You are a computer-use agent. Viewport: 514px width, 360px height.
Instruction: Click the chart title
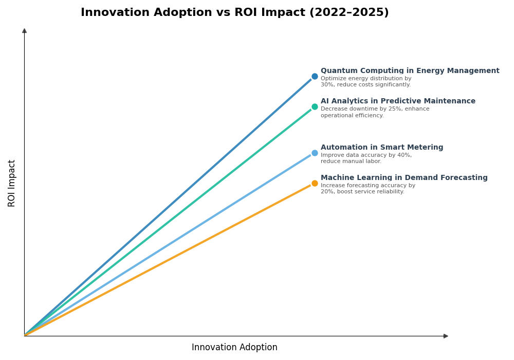[x=234, y=13]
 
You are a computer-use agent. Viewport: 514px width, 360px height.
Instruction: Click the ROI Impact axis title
[x=12, y=183]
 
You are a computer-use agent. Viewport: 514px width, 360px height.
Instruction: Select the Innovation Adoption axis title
[x=234, y=348]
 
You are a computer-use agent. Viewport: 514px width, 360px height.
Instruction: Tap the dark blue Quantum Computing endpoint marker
[x=315, y=77]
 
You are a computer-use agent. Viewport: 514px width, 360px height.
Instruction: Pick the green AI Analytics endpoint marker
[x=315, y=107]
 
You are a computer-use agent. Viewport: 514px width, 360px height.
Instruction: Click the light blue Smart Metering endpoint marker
[x=315, y=153]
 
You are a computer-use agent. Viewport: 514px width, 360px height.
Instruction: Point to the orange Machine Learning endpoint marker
[x=315, y=183]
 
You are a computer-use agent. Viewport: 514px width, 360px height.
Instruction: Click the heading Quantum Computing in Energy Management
[x=410, y=71]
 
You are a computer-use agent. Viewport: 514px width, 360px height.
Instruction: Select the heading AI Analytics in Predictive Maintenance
[x=398, y=101]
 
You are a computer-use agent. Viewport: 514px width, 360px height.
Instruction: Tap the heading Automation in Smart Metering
[x=381, y=148]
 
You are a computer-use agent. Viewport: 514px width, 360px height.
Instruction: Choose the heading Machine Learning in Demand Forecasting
[x=404, y=178]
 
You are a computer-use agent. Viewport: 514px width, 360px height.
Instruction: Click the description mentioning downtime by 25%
[x=375, y=112]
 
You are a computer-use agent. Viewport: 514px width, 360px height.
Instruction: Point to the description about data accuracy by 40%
[x=366, y=158]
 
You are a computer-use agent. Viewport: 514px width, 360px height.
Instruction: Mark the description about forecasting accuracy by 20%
[x=368, y=189]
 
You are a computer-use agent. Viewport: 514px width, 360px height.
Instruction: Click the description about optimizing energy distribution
[x=366, y=82]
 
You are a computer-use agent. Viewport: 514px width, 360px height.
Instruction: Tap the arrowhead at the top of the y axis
[x=24, y=31]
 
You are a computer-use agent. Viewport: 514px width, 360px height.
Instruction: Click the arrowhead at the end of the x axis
[x=446, y=336]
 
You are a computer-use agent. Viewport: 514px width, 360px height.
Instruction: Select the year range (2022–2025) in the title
[x=348, y=13]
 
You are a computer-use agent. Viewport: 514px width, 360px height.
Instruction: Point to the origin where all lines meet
[x=25, y=335]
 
